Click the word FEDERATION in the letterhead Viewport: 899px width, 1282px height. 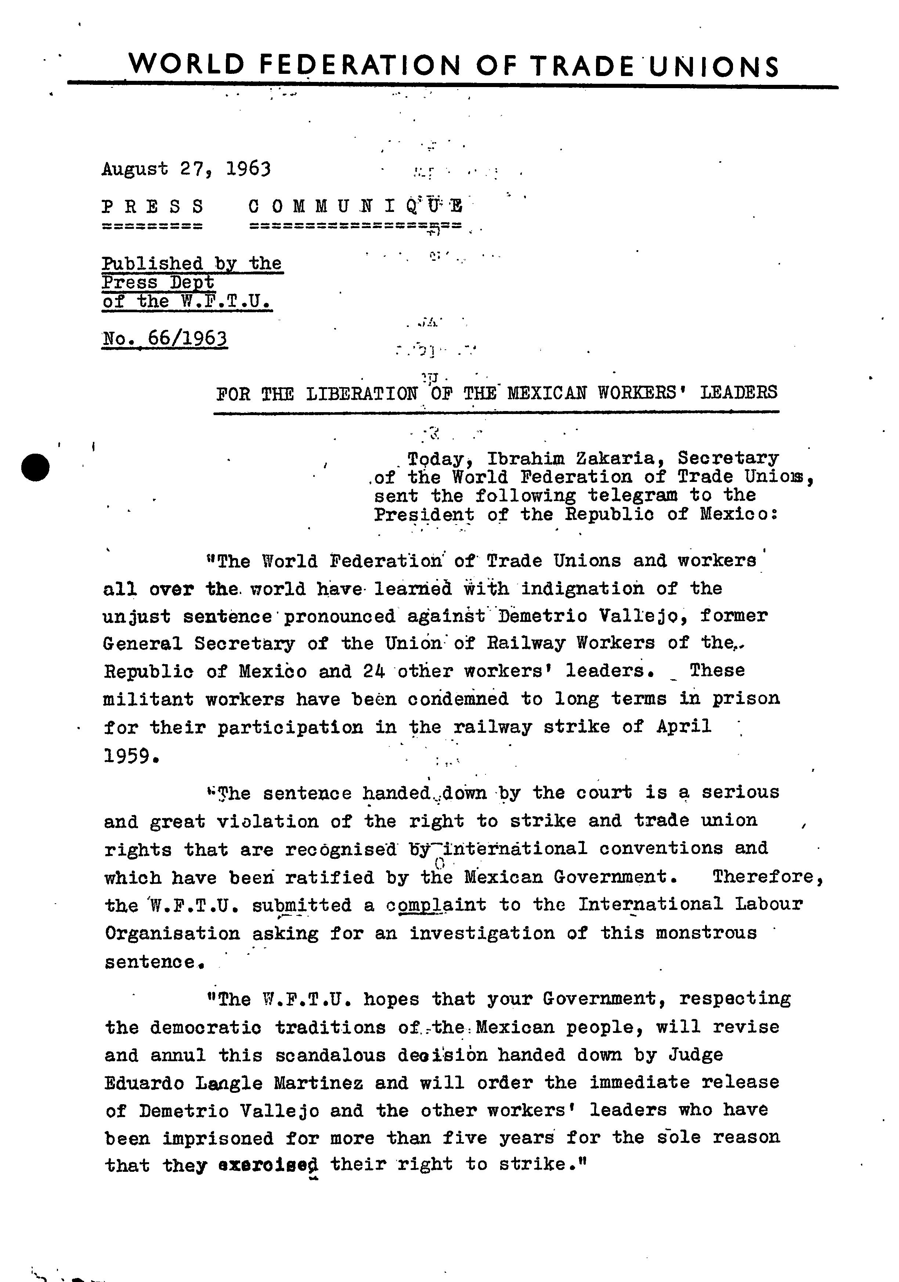tap(360, 65)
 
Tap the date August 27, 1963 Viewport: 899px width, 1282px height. tap(186, 169)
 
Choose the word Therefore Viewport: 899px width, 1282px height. tap(767, 876)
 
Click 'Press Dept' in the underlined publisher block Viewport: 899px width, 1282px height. tap(158, 282)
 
